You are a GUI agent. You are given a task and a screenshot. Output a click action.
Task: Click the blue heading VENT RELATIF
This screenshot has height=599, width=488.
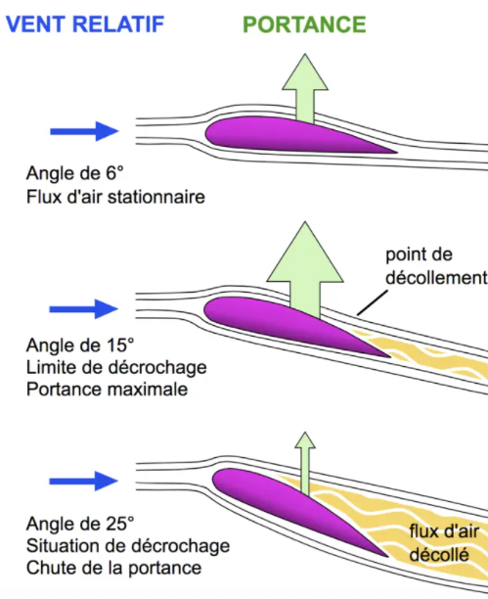tap(85, 24)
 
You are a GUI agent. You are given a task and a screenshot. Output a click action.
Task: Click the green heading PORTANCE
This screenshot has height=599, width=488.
tap(304, 24)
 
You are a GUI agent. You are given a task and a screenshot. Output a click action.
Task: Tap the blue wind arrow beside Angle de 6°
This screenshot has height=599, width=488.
tap(84, 131)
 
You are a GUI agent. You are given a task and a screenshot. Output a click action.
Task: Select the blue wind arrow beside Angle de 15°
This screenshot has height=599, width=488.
tap(84, 309)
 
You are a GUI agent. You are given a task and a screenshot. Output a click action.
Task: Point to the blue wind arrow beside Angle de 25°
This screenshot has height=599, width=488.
tap(84, 481)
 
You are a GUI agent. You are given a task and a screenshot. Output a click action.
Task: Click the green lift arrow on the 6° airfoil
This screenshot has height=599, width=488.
tap(305, 88)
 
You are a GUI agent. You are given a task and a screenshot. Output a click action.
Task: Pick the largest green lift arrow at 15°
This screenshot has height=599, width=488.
tap(305, 269)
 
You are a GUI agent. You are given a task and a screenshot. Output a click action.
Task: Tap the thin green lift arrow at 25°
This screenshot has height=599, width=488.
tap(305, 463)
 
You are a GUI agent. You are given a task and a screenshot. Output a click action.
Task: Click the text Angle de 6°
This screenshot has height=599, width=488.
tap(75, 173)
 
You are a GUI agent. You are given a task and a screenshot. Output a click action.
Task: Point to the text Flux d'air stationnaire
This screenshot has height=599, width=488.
tap(115, 197)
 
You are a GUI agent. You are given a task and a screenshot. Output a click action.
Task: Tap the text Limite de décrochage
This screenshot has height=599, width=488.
tap(116, 367)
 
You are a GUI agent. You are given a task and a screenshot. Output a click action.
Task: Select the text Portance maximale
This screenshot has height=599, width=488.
tap(107, 390)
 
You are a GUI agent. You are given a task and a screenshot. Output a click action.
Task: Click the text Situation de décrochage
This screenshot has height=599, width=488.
tap(128, 545)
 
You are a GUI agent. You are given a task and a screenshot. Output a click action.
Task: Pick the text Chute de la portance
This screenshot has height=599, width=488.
tap(113, 568)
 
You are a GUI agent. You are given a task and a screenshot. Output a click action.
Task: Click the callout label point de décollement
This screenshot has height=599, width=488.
tap(436, 266)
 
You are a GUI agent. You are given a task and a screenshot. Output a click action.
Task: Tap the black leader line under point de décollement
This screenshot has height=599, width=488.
tap(373, 303)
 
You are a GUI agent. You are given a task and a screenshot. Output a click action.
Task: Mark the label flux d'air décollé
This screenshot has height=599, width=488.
tap(443, 543)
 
